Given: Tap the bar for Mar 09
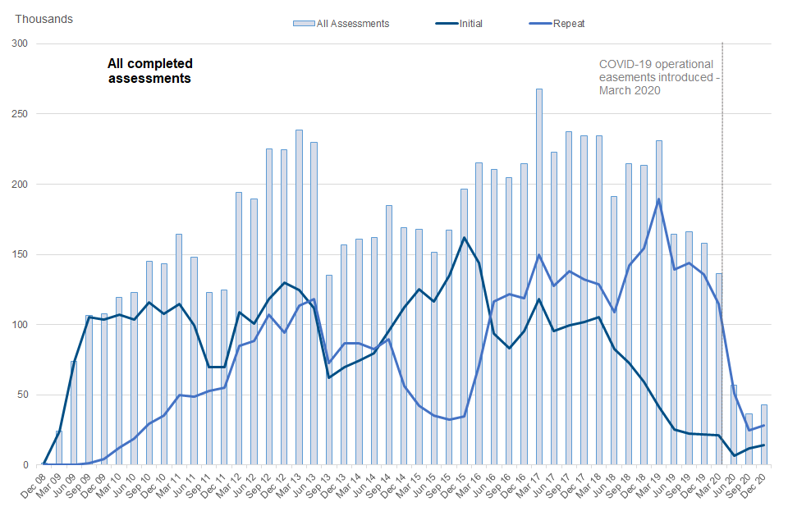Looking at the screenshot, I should (x=58, y=447).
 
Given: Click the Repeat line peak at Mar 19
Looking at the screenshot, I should (x=659, y=199).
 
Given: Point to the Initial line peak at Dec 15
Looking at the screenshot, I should (x=464, y=238).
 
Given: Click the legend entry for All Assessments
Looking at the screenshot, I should (x=341, y=24).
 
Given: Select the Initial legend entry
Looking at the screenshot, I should (x=460, y=24).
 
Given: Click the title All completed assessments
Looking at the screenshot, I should (x=150, y=71).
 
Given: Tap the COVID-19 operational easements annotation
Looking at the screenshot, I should (x=657, y=77).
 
